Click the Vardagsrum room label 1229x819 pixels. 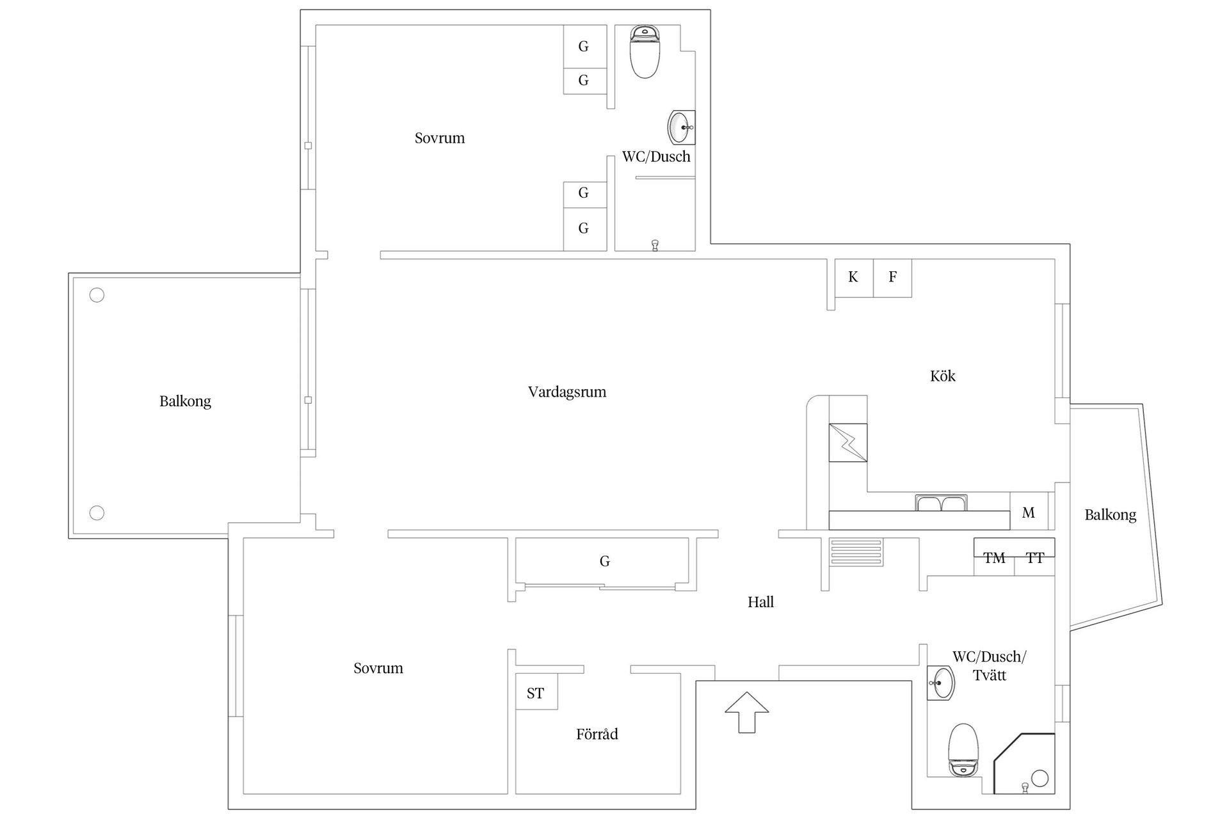566,392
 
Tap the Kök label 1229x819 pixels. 942,376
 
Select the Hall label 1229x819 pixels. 760,601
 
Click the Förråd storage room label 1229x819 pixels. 597,734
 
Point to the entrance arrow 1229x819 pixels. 746,711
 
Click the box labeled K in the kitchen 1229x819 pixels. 853,277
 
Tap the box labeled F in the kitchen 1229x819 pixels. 892,277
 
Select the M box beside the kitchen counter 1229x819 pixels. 1028,513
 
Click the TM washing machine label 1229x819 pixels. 994,558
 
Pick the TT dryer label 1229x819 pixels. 1035,558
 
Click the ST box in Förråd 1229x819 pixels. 536,693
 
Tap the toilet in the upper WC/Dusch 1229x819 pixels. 645,51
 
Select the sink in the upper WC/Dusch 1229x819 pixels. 680,128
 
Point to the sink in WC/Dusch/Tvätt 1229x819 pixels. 940,683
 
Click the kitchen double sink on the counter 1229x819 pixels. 941,503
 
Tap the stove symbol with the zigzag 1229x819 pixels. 848,443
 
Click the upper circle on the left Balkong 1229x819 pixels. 97,295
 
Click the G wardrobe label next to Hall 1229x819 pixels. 604,561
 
